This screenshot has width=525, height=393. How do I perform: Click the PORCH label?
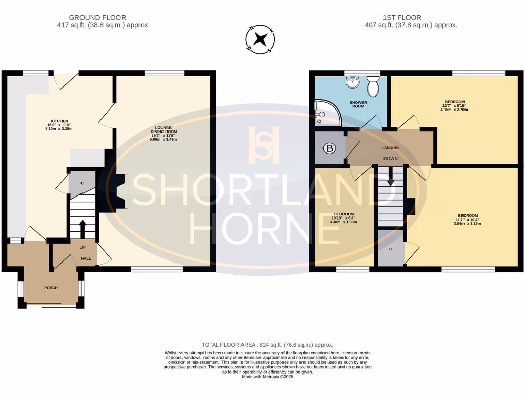51,288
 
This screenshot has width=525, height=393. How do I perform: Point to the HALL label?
86,258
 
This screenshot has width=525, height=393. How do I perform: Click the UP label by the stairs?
83,247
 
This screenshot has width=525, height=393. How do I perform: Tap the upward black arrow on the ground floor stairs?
83,227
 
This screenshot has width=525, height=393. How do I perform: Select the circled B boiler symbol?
328,149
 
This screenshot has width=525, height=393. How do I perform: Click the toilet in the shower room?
373,86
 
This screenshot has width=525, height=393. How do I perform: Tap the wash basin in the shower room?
352,82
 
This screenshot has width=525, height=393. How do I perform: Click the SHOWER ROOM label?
358,105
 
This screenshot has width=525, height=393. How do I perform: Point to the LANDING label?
390,148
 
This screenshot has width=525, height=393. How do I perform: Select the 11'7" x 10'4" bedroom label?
468,219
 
